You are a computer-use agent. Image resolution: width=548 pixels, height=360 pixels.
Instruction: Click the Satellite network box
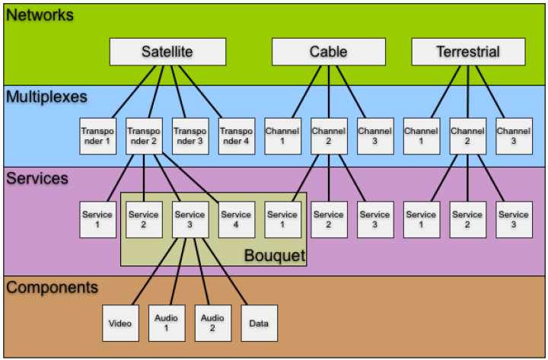pos(167,52)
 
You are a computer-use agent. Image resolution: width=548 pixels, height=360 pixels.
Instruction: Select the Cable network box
pos(328,52)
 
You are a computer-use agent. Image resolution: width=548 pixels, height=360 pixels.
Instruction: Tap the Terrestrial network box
pos(468,52)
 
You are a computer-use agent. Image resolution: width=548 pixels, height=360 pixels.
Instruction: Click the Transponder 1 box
pos(97,135)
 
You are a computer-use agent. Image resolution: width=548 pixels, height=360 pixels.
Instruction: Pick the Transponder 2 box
pos(143,135)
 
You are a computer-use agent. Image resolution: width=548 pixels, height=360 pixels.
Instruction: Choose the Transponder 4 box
pos(236,135)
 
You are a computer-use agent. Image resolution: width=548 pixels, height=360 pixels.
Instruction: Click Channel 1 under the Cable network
pos(282,135)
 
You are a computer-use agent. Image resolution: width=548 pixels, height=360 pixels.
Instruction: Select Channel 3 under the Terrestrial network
pos(514,135)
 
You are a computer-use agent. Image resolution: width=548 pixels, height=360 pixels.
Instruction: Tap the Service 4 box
pos(236,219)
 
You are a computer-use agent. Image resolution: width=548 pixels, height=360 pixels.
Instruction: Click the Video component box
pos(120,323)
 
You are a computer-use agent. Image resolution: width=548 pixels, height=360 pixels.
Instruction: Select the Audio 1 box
pos(166,323)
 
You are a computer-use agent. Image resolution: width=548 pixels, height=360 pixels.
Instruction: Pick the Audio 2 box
pos(212,323)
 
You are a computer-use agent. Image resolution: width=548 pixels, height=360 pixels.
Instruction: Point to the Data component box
pos(259,323)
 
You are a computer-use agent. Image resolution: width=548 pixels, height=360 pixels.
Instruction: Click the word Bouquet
pos(274,255)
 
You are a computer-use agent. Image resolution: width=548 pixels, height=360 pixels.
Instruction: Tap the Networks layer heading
pos(40,14)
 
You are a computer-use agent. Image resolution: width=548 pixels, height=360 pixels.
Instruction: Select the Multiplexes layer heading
pos(46,97)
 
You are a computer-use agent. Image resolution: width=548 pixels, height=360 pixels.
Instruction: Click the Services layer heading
pos(37,179)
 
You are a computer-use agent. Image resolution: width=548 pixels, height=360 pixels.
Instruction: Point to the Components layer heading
pos(53,288)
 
